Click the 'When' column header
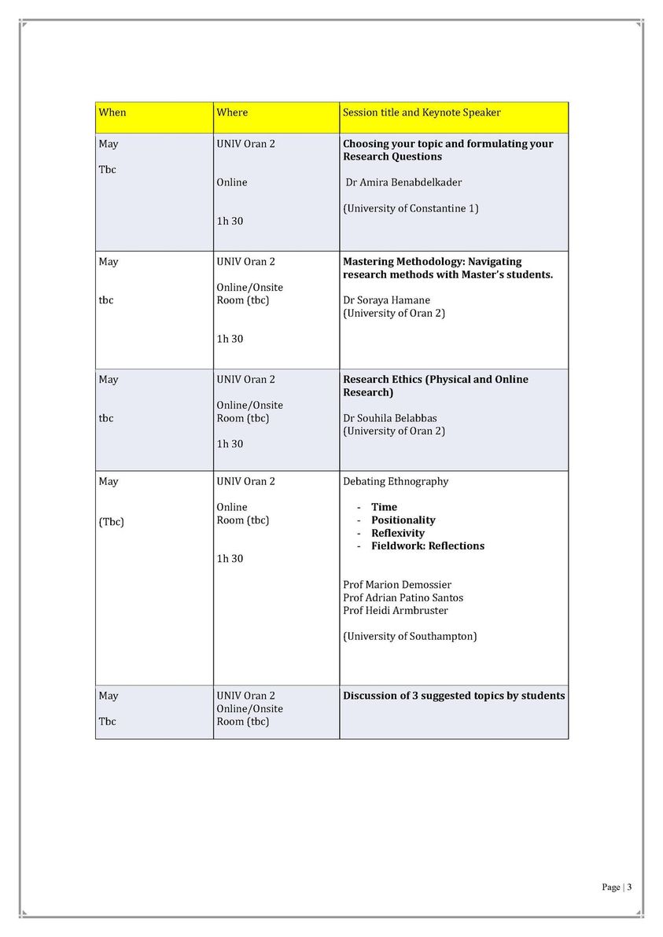pos(112,112)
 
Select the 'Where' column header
pos(232,112)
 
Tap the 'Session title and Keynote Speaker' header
pos(422,112)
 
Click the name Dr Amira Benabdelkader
pos(403,182)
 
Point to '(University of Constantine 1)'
pos(411,208)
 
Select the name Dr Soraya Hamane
pos(386,300)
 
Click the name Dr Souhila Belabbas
pos(389,418)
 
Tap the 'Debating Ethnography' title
pos(396,481)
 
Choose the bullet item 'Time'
pos(384,507)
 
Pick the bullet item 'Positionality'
pos(403,520)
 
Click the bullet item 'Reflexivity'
pos(397,533)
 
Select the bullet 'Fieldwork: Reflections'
pos(427,546)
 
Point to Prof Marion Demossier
pos(397,585)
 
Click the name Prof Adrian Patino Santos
pos(403,597)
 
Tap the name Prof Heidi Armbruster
pos(396,611)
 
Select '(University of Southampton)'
pos(410,636)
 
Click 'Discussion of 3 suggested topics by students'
pos(454,696)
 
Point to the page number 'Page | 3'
pos(617,887)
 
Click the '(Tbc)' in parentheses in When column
pos(112,521)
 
